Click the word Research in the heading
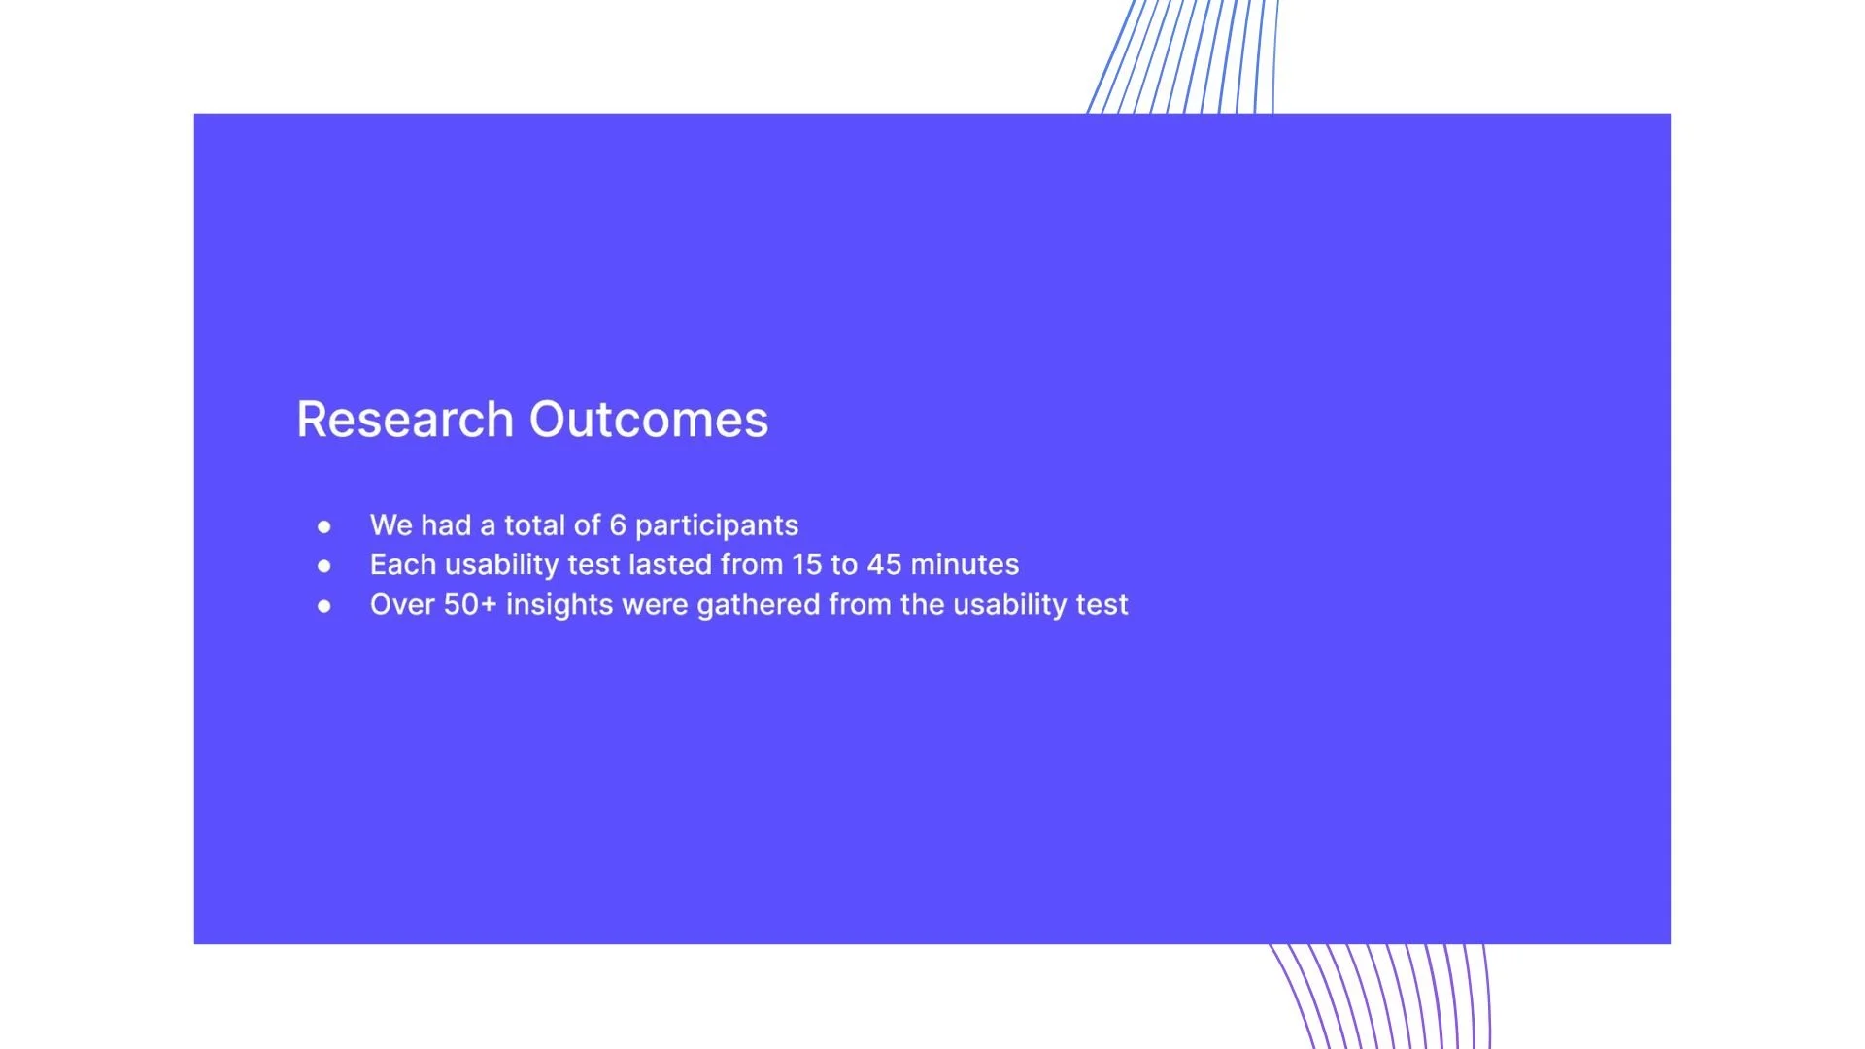coord(405,420)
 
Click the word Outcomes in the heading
coord(649,420)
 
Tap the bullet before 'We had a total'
coord(324,527)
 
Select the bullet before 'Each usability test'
coord(324,566)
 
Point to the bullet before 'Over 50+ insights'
coord(324,606)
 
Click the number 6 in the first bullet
coord(618,525)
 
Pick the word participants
coord(717,526)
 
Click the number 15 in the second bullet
coord(806,564)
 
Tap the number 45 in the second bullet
coord(885,564)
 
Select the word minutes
coord(965,564)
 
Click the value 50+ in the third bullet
coord(470,604)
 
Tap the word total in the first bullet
coord(534,525)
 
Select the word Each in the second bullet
coord(403,564)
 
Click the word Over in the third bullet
coord(402,604)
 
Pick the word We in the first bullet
coord(391,525)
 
